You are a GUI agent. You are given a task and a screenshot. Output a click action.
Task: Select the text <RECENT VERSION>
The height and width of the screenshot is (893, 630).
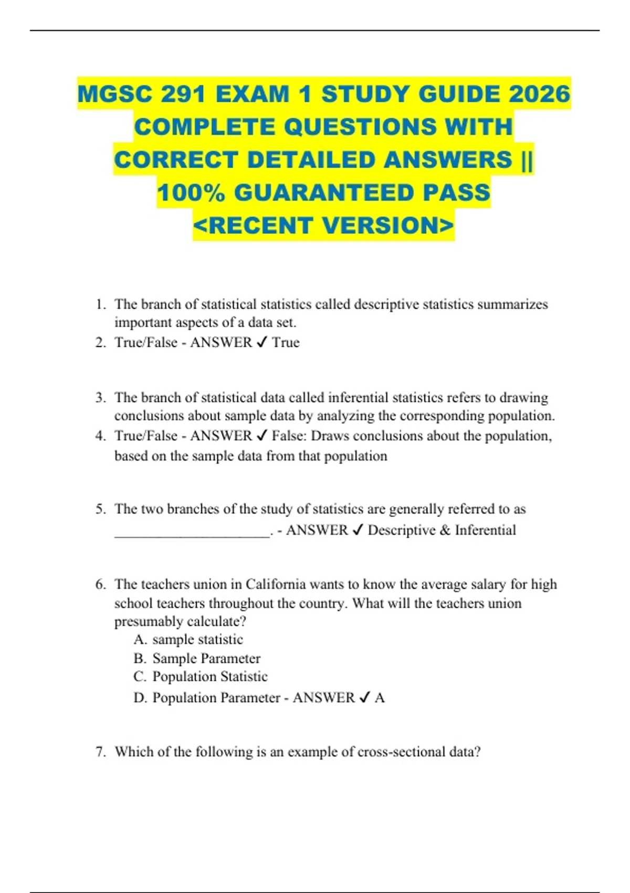323,225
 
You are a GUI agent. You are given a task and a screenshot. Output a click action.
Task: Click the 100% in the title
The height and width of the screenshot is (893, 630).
191,193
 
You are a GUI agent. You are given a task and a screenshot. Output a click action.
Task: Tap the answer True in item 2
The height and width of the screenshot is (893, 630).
286,342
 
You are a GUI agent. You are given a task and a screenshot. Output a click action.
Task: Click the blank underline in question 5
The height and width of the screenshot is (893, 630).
192,532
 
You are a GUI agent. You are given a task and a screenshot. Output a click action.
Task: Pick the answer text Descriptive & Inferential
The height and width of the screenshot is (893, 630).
442,531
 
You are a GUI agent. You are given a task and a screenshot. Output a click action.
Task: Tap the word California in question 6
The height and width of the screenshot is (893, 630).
276,585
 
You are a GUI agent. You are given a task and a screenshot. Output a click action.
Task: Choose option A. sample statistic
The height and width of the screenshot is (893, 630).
188,640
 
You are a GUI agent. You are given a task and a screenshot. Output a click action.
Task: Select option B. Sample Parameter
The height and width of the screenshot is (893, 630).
197,659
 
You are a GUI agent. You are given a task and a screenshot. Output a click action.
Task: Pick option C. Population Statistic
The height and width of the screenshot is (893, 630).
201,677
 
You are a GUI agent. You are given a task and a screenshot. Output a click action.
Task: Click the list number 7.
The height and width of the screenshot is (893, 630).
100,752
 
